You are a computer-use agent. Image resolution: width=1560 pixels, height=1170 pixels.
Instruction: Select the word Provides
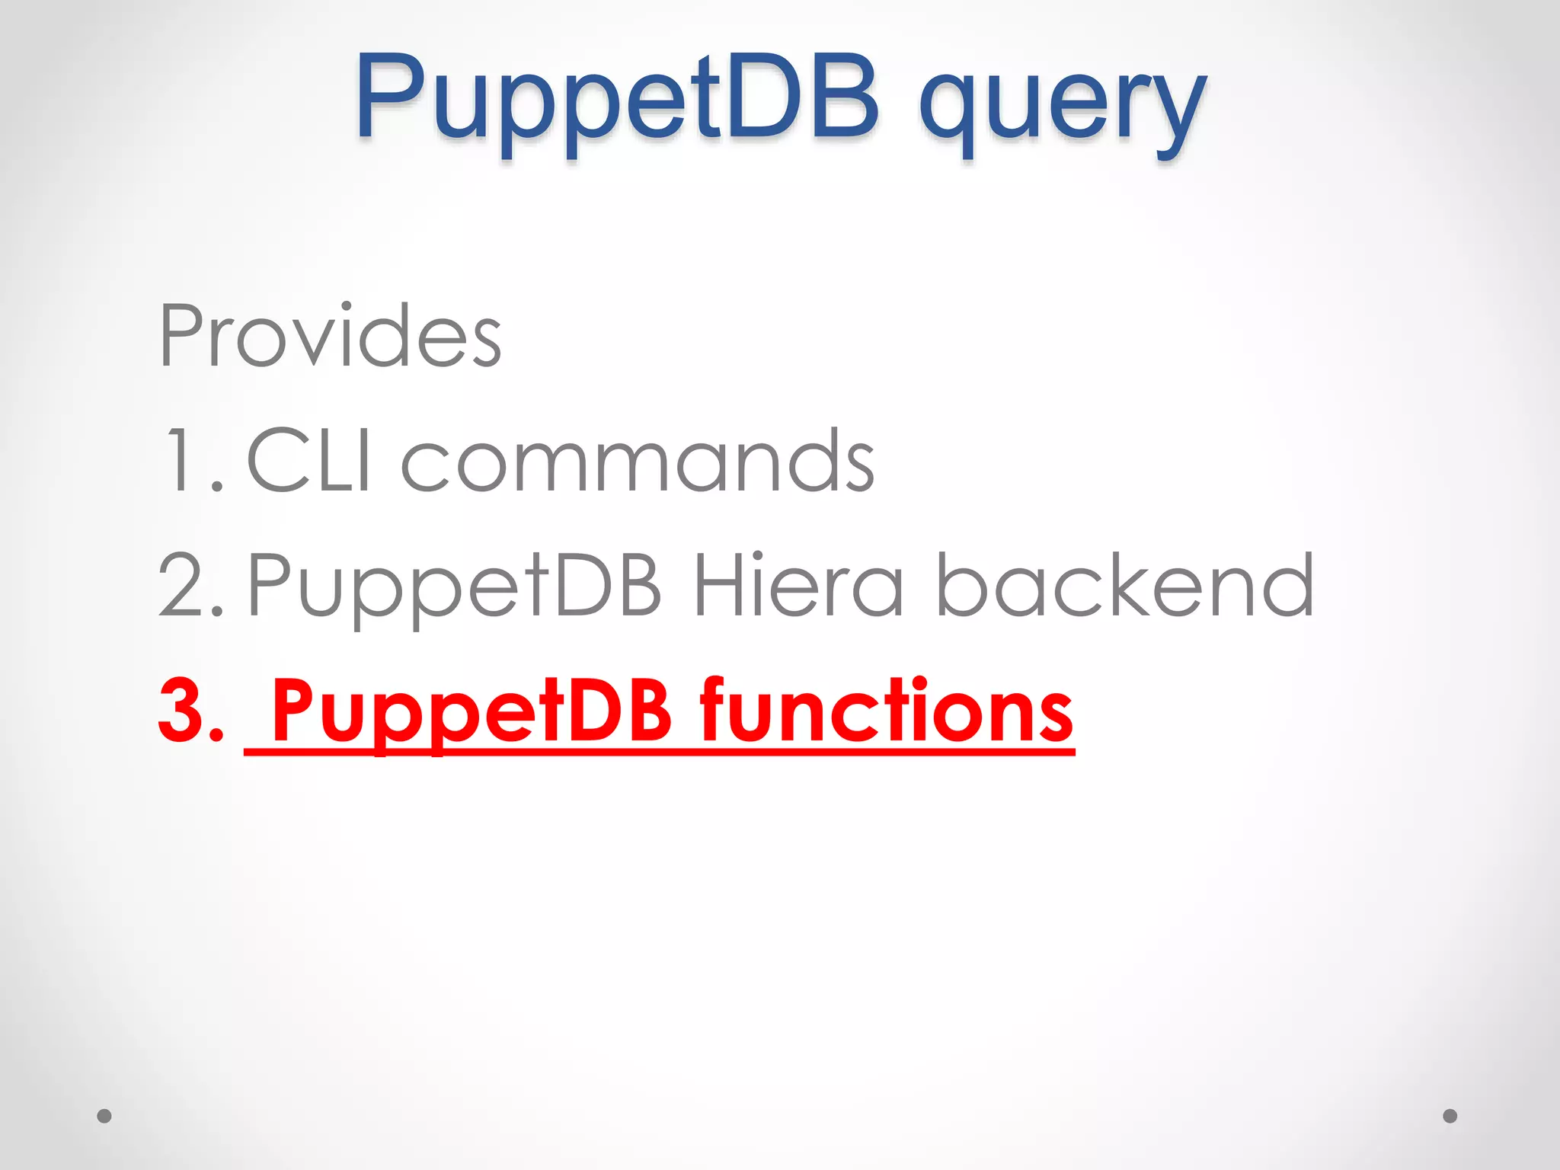(x=330, y=336)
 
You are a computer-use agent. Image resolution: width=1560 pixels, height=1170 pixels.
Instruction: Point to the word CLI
(x=309, y=460)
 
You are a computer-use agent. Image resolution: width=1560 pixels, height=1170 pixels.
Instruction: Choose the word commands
(x=638, y=462)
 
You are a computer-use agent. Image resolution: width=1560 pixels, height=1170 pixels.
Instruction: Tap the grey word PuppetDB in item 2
(x=455, y=587)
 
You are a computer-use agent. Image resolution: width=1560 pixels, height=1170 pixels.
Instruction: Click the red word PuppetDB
(x=472, y=711)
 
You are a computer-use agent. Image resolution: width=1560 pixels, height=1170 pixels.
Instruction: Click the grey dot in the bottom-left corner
(x=104, y=1116)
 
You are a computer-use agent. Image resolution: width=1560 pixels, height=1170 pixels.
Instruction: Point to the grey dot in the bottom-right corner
(x=1450, y=1116)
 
